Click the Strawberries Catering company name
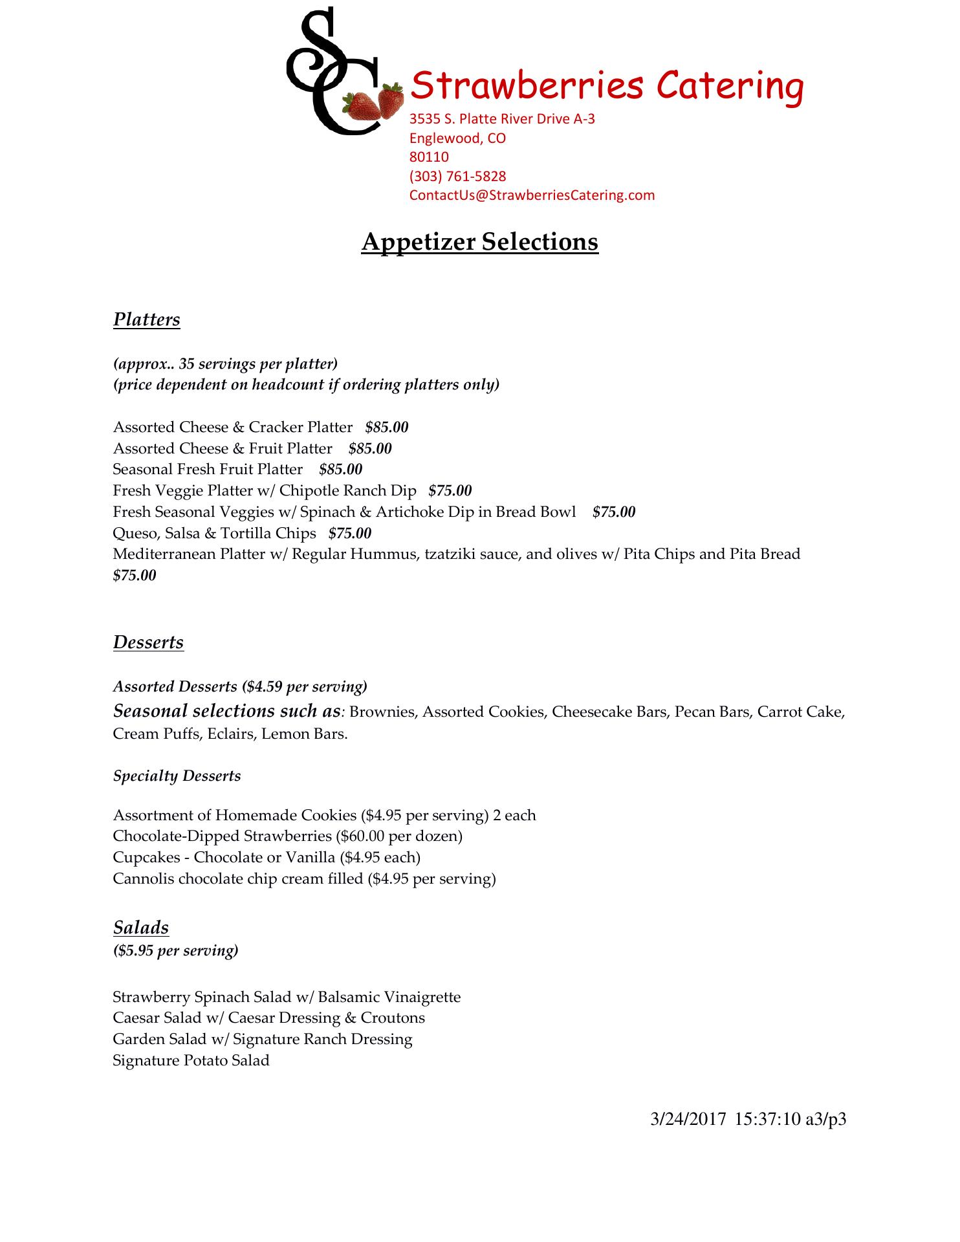(607, 86)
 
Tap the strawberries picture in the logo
(374, 103)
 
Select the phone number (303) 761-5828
(457, 176)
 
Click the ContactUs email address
(532, 195)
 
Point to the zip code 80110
(429, 157)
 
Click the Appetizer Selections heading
(479, 241)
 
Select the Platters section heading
(146, 320)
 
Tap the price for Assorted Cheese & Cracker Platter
(387, 427)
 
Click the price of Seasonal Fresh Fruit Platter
(340, 469)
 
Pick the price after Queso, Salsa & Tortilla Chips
(350, 533)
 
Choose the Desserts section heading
(148, 642)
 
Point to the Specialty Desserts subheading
(177, 776)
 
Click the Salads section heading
(140, 928)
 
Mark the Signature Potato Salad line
(191, 1060)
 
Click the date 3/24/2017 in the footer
(688, 1119)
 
